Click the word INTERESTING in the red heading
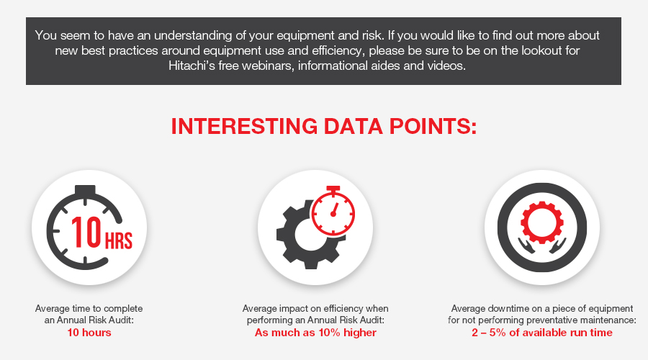point(244,126)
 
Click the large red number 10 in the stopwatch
point(86,232)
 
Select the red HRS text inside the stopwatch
point(119,241)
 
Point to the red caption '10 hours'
point(89,333)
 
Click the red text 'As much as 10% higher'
point(315,333)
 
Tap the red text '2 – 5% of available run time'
point(541,333)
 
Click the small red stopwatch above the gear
point(333,211)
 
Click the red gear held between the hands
point(541,222)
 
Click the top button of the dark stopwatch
point(85,189)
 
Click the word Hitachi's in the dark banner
point(192,66)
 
